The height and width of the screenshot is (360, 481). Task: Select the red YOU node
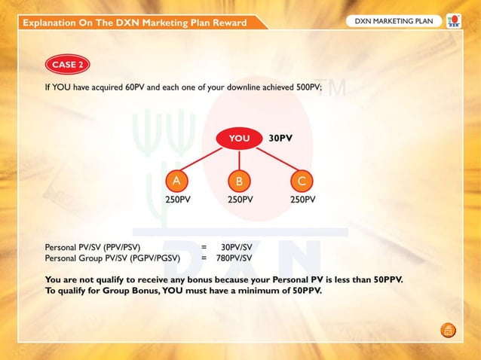pyautogui.click(x=239, y=138)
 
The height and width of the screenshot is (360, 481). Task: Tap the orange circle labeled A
pyautogui.click(x=176, y=181)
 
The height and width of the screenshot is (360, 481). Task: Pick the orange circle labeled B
pyautogui.click(x=239, y=181)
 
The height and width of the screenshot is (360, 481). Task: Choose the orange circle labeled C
pyautogui.click(x=302, y=181)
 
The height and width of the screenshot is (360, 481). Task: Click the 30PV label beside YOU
pyautogui.click(x=280, y=139)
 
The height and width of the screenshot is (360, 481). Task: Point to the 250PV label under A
pyautogui.click(x=178, y=200)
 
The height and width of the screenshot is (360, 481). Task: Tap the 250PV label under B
pyautogui.click(x=240, y=200)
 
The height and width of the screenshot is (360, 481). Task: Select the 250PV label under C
pyautogui.click(x=302, y=200)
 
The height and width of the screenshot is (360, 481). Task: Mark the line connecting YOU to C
pyautogui.click(x=273, y=160)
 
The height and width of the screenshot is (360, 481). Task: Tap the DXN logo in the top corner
pyautogui.click(x=454, y=21)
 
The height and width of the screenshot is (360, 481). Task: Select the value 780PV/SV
pyautogui.click(x=234, y=258)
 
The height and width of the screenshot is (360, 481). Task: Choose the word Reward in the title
pyautogui.click(x=228, y=23)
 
